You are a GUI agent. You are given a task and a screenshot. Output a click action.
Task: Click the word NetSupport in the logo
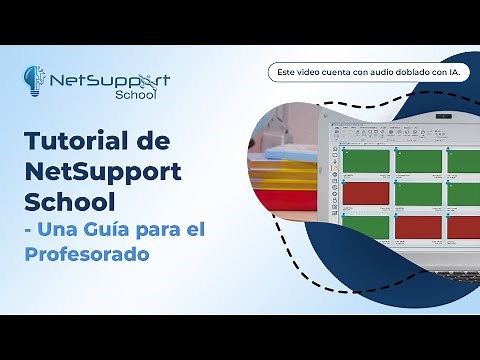click(110, 80)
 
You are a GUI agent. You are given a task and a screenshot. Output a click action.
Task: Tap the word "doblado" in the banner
click(397, 72)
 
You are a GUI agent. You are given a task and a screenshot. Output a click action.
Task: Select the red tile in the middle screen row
click(365, 192)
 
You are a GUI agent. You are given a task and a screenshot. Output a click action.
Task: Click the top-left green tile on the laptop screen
click(365, 162)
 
